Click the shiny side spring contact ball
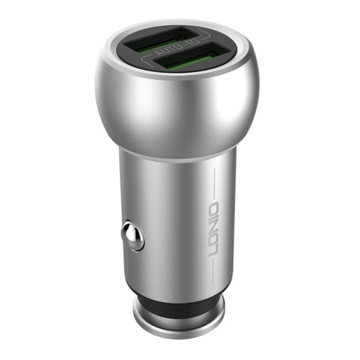[133, 236]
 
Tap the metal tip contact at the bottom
[179, 319]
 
